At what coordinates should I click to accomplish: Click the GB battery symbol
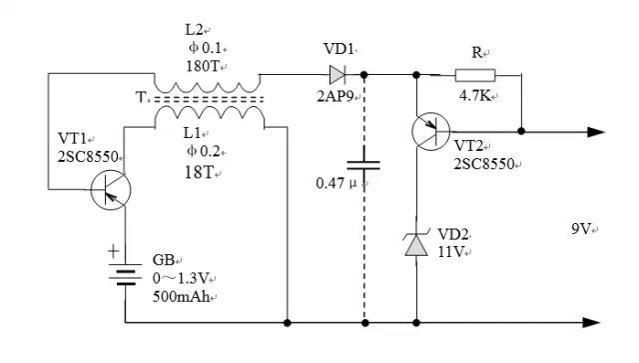[126, 270]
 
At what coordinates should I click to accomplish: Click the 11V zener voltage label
[451, 251]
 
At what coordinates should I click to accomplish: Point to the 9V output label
[580, 229]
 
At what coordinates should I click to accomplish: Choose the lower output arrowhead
[596, 322]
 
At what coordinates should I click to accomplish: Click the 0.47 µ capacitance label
[336, 183]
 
